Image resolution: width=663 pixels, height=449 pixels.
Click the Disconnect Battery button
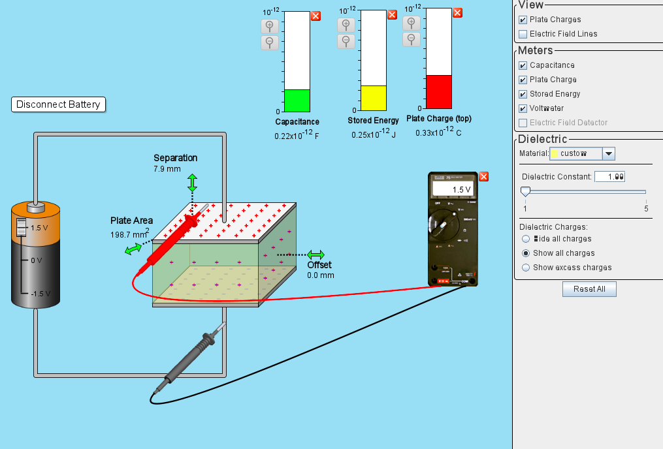pyautogui.click(x=58, y=104)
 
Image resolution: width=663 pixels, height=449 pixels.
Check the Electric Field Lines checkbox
pyautogui.click(x=523, y=34)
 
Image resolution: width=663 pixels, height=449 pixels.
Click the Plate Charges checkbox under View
pyautogui.click(x=523, y=20)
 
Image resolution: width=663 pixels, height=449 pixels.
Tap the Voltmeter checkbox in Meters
pyautogui.click(x=523, y=108)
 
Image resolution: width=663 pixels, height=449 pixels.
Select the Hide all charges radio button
pyautogui.click(x=526, y=239)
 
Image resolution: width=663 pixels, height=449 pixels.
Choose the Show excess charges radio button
pyautogui.click(x=526, y=268)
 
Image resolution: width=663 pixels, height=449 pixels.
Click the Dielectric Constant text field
pyautogui.click(x=610, y=177)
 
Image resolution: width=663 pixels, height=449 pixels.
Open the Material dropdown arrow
pyautogui.click(x=608, y=153)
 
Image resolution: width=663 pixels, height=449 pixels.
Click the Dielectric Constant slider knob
pyautogui.click(x=525, y=192)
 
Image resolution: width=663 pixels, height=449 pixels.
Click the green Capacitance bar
pyautogui.click(x=297, y=101)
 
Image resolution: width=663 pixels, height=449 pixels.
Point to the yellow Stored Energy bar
pyautogui.click(x=374, y=98)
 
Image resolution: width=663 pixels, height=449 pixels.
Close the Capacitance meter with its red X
pyautogui.click(x=315, y=16)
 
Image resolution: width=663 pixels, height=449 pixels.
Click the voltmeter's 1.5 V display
pyautogui.click(x=453, y=189)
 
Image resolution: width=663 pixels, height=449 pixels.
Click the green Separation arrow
pyautogui.click(x=192, y=183)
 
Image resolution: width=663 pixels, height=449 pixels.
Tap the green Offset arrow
pyautogui.click(x=316, y=255)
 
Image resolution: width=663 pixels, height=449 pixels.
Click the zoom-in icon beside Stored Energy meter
pyautogui.click(x=346, y=25)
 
